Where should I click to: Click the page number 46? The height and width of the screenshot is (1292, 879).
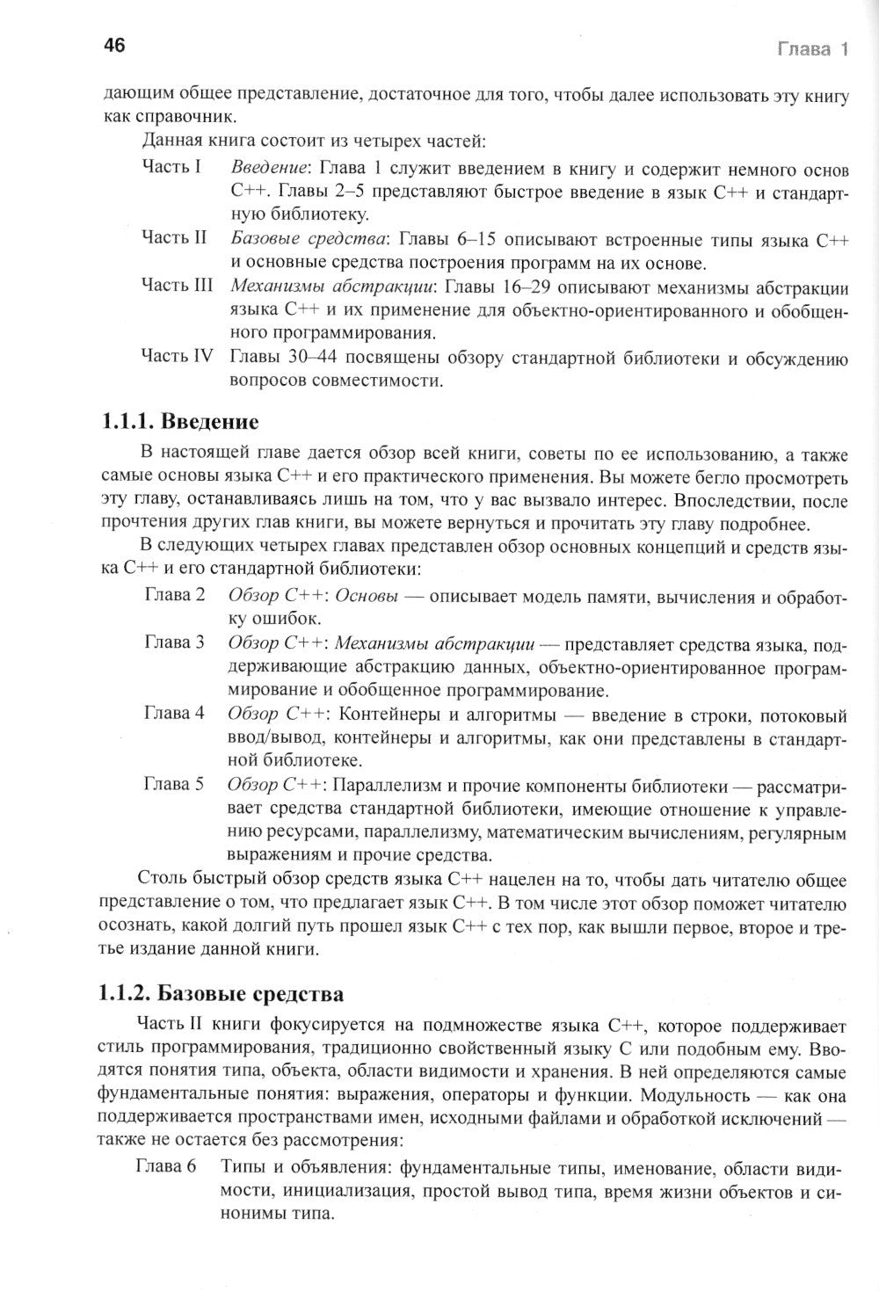114,47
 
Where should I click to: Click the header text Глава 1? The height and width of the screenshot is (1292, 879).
812,49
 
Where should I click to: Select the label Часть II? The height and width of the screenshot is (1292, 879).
174,237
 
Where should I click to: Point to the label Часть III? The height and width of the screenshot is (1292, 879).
178,286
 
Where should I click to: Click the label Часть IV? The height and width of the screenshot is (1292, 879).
178,357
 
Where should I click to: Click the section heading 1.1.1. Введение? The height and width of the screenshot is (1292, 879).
180,422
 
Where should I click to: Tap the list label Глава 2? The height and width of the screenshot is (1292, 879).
174,595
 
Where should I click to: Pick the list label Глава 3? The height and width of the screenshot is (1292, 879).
174,642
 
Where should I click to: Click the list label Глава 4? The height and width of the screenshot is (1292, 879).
174,713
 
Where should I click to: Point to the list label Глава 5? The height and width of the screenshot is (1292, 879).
174,783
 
